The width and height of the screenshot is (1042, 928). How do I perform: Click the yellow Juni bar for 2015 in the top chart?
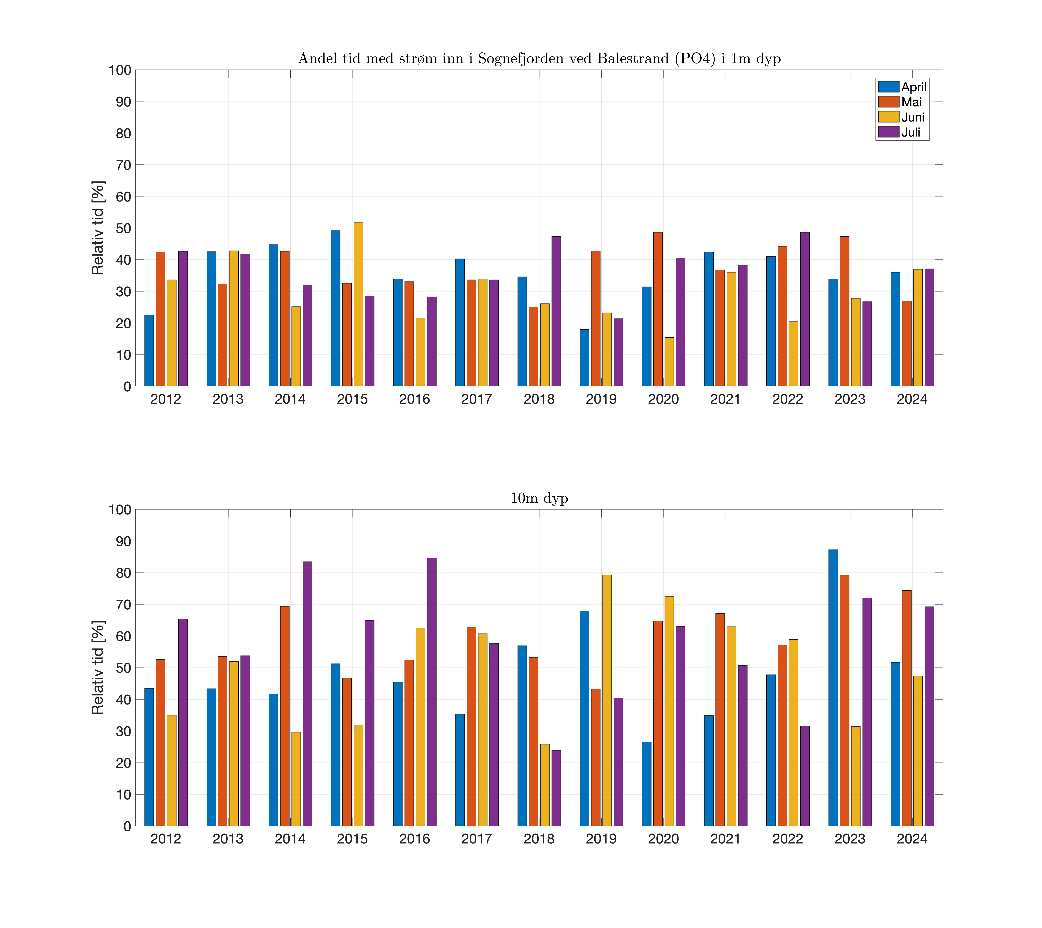pyautogui.click(x=358, y=304)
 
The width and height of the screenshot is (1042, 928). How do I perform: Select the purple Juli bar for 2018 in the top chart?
pyautogui.click(x=556, y=311)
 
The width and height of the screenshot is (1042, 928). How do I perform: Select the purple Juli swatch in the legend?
pyautogui.click(x=888, y=132)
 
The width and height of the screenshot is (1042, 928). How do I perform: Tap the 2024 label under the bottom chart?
pyautogui.click(x=912, y=839)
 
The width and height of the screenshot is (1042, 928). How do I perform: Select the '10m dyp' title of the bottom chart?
pyautogui.click(x=539, y=498)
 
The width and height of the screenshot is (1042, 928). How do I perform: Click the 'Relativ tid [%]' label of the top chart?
pyautogui.click(x=98, y=228)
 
